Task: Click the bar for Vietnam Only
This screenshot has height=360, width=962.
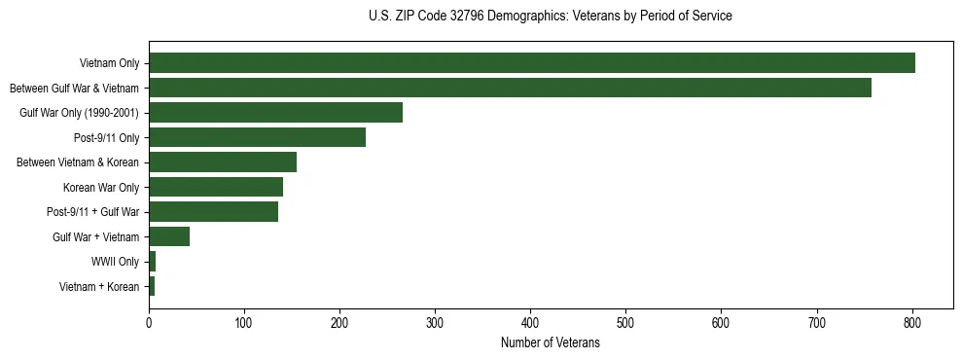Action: coord(532,63)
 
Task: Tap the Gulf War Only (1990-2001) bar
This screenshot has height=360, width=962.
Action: coord(275,113)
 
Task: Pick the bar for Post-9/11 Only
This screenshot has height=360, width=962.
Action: coord(257,137)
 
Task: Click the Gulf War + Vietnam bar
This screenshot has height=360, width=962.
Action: coord(169,236)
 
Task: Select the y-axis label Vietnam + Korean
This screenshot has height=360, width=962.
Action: coord(99,286)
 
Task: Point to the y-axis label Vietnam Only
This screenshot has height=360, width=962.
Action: coord(109,63)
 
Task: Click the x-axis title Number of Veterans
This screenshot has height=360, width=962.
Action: coord(550,342)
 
